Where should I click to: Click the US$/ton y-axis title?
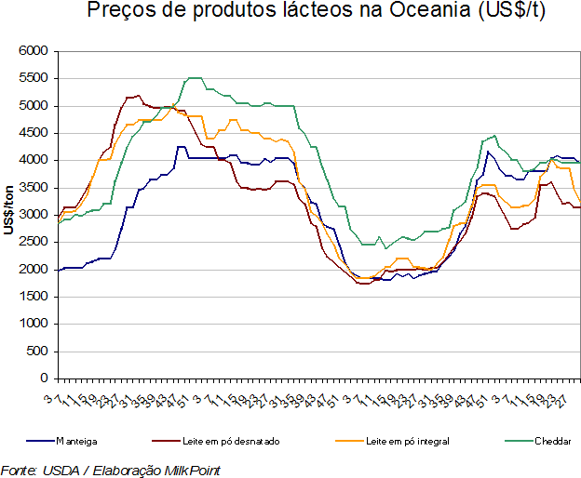tap(8, 215)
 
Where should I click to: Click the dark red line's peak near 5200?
tap(138, 95)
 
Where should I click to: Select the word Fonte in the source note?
tap(19, 470)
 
